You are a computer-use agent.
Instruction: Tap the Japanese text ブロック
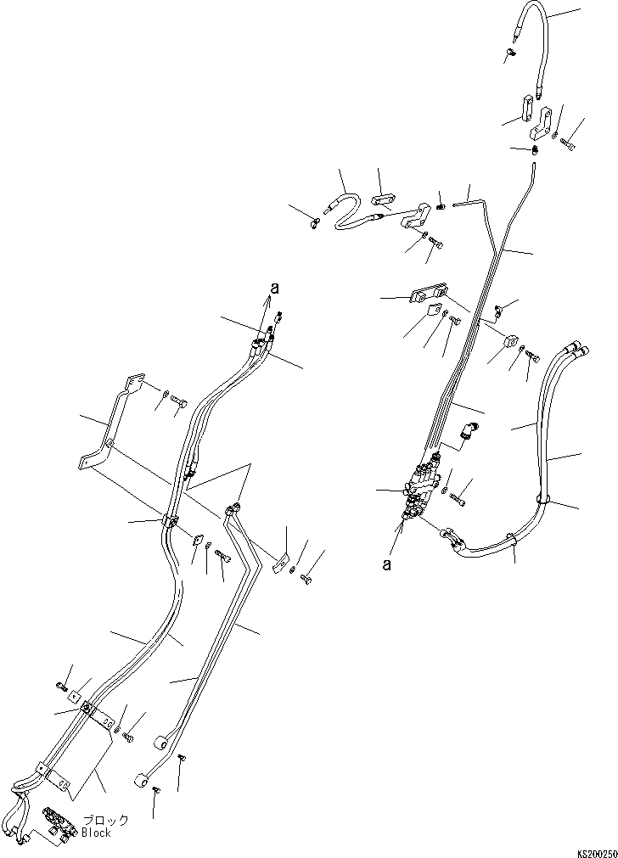(106, 821)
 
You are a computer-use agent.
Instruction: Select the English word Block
(97, 833)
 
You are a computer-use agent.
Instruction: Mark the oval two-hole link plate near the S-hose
(382, 200)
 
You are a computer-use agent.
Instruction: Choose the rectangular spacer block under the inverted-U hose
(522, 111)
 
